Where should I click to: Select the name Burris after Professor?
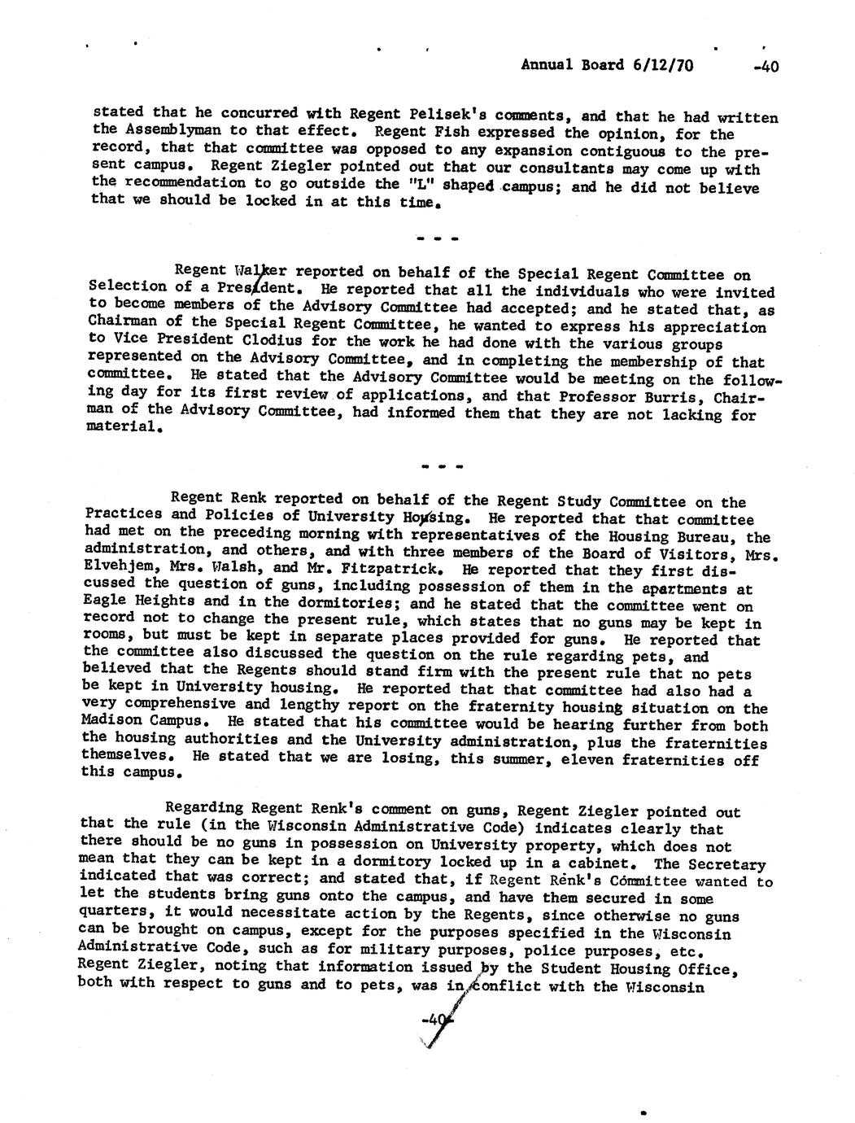(678, 396)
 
